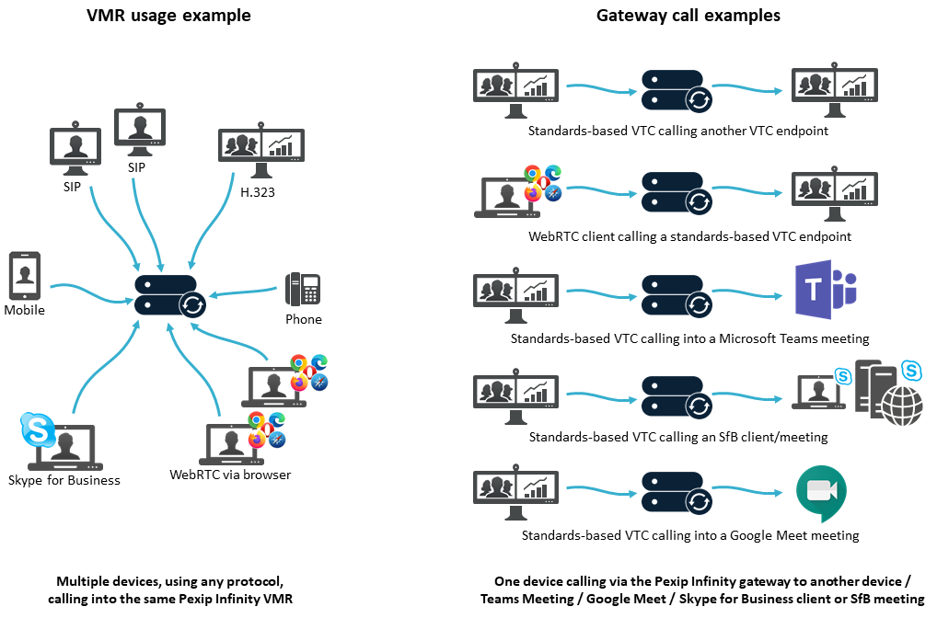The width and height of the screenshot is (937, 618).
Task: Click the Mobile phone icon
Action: (23, 276)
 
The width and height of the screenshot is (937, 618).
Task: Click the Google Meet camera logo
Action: (820, 493)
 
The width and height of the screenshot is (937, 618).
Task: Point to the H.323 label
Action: (258, 191)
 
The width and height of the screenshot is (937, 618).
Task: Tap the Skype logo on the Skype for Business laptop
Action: (37, 429)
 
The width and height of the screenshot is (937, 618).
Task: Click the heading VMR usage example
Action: (168, 16)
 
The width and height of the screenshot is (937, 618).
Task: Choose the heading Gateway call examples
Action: (688, 16)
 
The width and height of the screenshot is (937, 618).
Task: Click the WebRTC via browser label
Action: (230, 475)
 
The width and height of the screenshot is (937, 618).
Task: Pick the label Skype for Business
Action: (64, 480)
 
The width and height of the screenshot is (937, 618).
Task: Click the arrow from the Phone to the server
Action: (244, 293)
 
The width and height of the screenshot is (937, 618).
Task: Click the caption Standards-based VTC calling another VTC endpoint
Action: (677, 131)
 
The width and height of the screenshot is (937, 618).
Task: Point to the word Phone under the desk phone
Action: (304, 319)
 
